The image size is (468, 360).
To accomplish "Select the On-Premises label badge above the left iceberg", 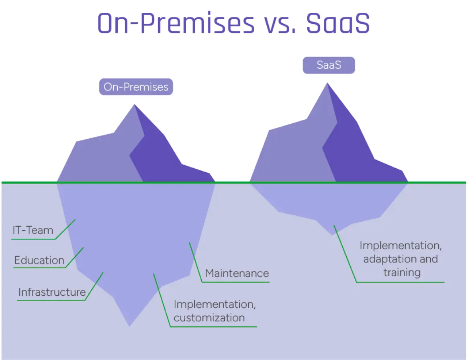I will pos(136,87).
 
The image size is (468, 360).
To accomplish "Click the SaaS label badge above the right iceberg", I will pos(329,65).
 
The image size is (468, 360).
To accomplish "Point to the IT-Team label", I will pos(33,230).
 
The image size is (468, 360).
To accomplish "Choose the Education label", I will pos(39,260).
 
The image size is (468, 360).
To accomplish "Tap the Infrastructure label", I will pos(52,292).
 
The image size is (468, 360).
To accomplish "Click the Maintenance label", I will pos(237,274).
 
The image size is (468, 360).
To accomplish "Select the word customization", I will pos(209,318).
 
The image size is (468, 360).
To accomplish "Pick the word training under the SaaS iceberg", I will pos(402,272).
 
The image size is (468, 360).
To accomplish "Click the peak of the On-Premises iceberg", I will pos(135,106).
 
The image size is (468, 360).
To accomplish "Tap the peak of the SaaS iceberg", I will pos(328,84).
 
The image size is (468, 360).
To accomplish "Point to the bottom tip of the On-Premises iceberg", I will pos(129,325).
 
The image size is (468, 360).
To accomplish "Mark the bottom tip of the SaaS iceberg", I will pos(333,234).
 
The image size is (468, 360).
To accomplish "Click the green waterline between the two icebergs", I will pos(233,182).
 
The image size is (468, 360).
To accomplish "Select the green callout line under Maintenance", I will pos(235,282).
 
